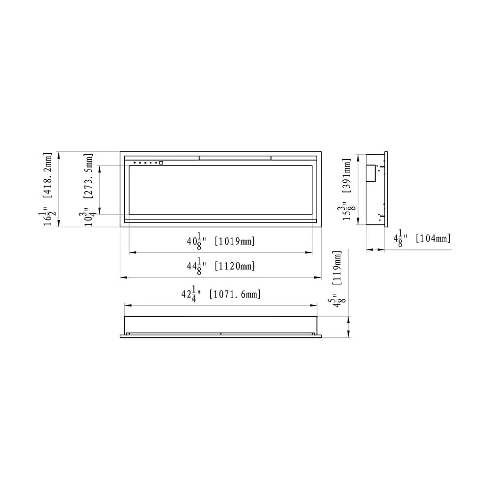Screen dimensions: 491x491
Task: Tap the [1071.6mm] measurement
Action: click(x=235, y=294)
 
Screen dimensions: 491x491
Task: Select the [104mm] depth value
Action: click(x=433, y=239)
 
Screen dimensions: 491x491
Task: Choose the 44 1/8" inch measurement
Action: click(x=194, y=266)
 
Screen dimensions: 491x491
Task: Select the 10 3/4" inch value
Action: click(x=89, y=216)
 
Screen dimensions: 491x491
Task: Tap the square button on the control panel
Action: click(x=161, y=163)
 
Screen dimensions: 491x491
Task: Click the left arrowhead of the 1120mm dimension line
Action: click(x=123, y=278)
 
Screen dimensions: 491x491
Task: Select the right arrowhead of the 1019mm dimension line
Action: click(x=309, y=253)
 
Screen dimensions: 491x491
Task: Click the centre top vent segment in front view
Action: click(x=235, y=158)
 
